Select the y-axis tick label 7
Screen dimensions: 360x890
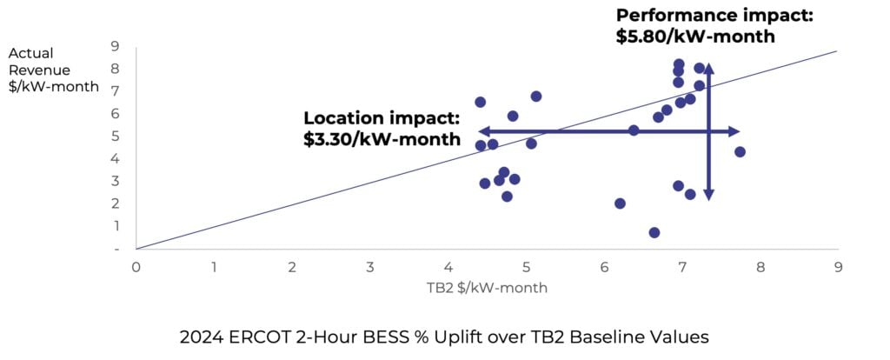click(x=115, y=90)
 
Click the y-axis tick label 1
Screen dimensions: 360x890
click(x=115, y=225)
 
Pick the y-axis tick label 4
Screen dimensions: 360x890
click(x=115, y=158)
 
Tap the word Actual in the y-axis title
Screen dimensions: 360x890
click(x=26, y=51)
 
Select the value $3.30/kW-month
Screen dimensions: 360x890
click(x=382, y=139)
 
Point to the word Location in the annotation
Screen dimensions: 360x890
click(x=342, y=119)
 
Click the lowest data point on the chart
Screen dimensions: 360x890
click(x=654, y=232)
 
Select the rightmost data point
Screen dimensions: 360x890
click(x=740, y=151)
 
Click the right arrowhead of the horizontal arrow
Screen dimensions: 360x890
click(x=735, y=131)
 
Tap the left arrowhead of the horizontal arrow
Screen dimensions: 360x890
click(x=482, y=131)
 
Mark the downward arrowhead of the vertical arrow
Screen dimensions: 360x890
click(x=709, y=196)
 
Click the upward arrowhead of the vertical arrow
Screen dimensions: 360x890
click(x=709, y=68)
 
